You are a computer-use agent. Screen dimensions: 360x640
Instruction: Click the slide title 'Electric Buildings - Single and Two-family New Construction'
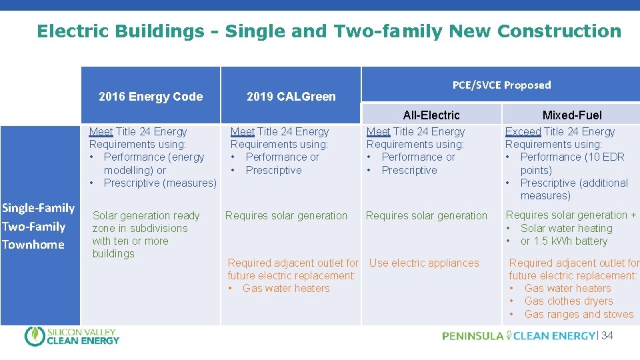329,31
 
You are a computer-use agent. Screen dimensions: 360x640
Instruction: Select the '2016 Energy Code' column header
151,97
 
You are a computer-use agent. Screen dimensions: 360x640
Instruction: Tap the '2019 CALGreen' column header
291,97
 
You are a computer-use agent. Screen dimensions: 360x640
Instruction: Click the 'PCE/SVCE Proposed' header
501,85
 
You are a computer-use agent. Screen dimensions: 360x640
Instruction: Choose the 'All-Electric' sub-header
431,115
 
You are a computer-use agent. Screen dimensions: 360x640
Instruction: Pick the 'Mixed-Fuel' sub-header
571,115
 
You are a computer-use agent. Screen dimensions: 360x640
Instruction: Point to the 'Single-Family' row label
38,208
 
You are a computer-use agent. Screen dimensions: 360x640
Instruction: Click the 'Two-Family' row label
33,227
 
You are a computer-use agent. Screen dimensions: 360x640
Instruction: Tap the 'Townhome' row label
33,245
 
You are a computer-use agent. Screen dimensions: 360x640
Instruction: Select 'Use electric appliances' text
424,263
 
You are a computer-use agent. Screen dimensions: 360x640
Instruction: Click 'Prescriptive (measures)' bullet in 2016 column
160,183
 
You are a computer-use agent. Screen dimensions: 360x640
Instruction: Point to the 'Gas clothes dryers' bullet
568,301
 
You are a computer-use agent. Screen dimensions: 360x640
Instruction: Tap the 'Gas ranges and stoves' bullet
579,315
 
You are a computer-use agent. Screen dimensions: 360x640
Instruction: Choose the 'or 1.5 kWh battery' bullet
564,241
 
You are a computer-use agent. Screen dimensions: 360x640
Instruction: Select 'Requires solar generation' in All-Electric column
427,216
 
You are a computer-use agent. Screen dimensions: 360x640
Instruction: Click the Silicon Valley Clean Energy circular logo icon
35,337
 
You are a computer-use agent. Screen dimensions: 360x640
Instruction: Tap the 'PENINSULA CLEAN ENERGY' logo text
518,336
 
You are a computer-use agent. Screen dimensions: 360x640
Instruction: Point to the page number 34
607,336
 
